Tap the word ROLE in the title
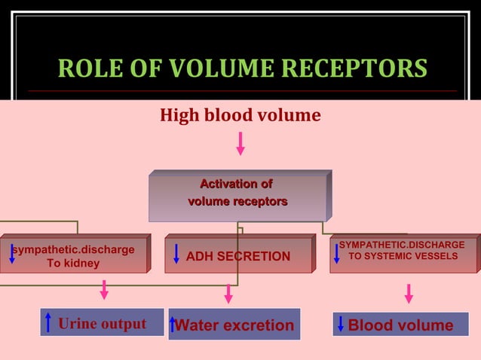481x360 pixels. (89, 69)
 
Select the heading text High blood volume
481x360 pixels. (240, 116)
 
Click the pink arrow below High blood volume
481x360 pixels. (240, 143)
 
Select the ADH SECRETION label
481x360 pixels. (237, 257)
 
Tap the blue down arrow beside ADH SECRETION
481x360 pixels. (176, 254)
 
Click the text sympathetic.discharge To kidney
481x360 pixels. (74, 256)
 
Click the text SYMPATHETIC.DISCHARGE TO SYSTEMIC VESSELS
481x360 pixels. (402, 251)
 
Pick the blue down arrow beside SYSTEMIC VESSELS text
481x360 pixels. (336, 254)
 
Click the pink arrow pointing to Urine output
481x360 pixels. (104, 290)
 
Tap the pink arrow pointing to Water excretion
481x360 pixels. (228, 294)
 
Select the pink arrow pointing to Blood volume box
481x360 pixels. (409, 294)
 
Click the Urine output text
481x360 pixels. (102, 324)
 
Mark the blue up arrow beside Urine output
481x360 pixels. (48, 323)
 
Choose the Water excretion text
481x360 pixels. (234, 325)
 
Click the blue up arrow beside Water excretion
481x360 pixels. (173, 325)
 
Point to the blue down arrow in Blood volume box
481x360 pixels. (340, 325)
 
